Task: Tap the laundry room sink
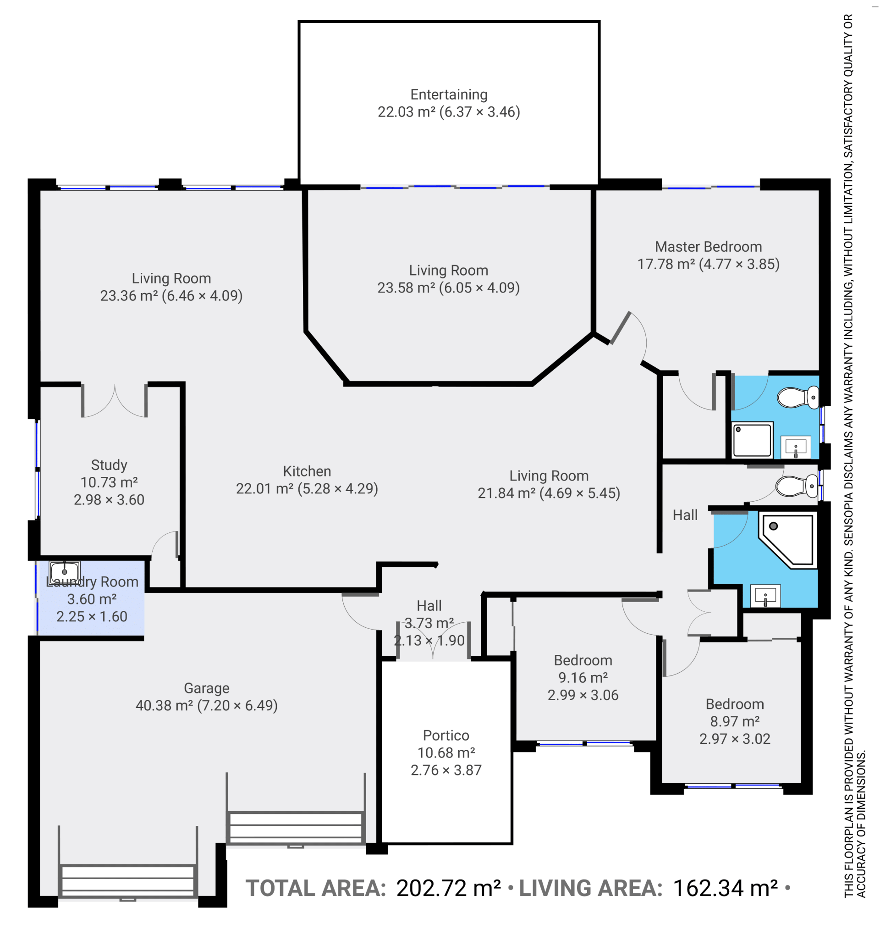pos(65,572)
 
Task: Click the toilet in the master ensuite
pos(798,398)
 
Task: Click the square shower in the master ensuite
pos(752,440)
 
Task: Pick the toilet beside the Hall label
pos(797,487)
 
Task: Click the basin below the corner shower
pos(765,596)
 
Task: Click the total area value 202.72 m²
pos(448,888)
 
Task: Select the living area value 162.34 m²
pos(725,888)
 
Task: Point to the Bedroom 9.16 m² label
pos(583,678)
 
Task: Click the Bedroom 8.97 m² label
pos(735,721)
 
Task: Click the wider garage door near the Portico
pos(296,827)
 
